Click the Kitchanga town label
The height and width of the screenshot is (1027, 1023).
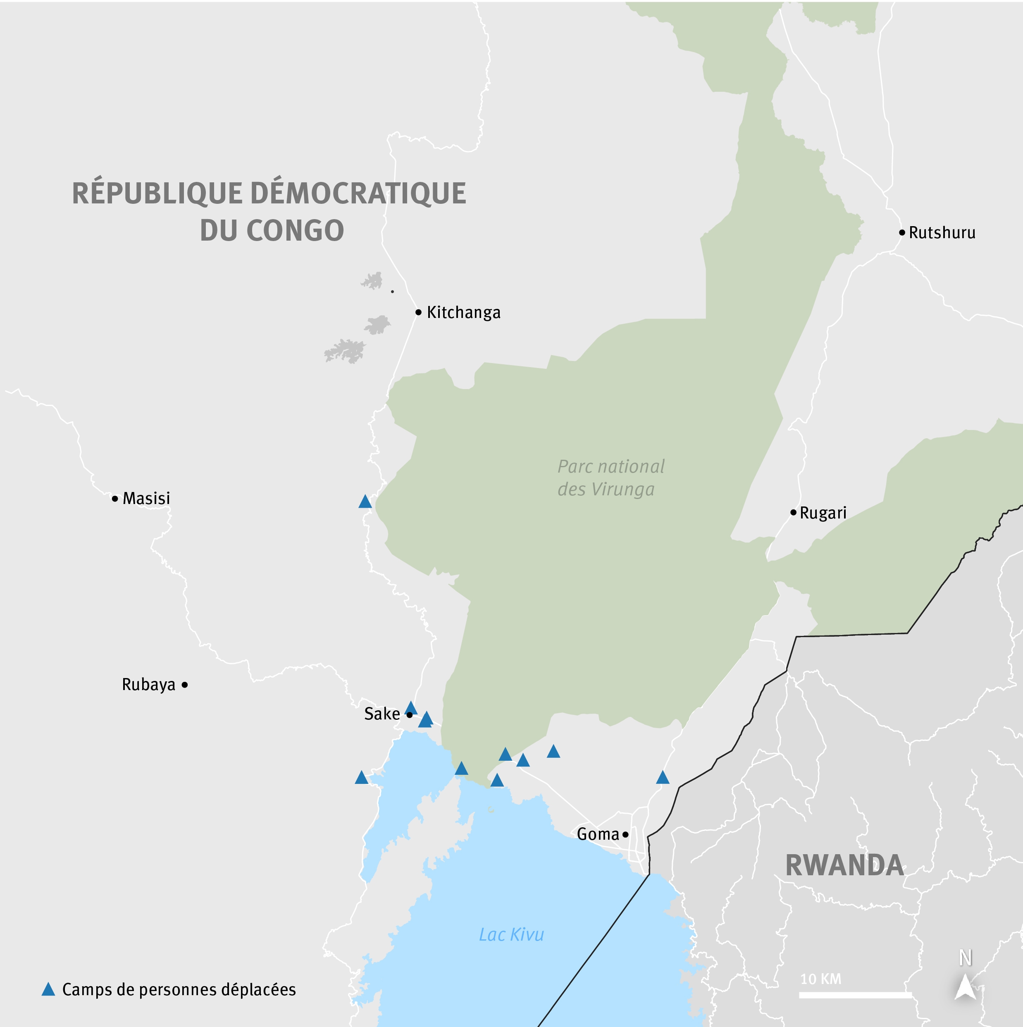coord(463,313)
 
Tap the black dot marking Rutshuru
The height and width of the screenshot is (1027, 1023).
coord(902,233)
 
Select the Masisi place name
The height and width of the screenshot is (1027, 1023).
coord(146,499)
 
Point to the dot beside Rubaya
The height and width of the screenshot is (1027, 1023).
coord(184,685)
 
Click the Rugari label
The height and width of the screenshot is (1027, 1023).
coord(823,513)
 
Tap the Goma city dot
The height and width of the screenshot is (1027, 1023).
coord(625,835)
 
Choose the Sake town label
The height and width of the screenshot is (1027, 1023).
coord(382,714)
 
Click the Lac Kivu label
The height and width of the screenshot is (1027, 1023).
coord(511,934)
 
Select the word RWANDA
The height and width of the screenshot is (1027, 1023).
coord(844,866)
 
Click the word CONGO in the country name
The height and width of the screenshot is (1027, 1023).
coord(295,231)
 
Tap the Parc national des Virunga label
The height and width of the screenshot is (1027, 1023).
coord(610,478)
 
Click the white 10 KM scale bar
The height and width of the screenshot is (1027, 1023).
coord(855,995)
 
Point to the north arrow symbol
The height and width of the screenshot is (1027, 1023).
coord(965,987)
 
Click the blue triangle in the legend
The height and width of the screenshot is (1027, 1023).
coord(48,989)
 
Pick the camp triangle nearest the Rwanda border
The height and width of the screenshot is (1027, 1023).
coord(662,778)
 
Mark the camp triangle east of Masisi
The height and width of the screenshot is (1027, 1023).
coord(365,501)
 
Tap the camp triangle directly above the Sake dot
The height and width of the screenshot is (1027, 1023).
coord(410,707)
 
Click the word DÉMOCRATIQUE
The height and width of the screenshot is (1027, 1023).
coord(358,193)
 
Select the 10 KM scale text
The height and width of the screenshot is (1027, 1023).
coord(820,979)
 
